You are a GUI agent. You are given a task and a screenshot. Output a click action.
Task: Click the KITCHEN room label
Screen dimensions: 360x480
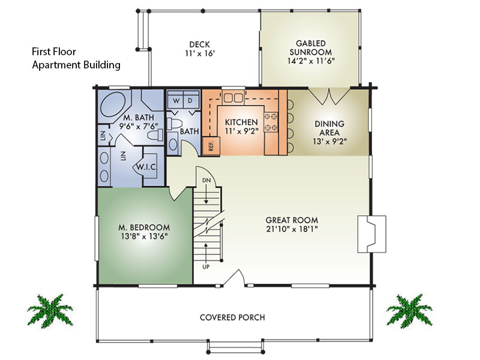(241, 122)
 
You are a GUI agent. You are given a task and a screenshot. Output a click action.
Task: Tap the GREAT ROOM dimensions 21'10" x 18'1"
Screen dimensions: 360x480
(292, 229)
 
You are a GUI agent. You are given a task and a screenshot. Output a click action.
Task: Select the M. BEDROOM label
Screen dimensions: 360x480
(143, 227)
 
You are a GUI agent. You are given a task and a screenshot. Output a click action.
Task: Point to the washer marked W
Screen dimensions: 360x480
(175, 101)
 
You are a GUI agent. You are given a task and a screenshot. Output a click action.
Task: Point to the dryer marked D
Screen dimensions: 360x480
(190, 101)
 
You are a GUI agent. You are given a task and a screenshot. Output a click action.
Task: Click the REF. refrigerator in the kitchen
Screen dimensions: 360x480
(211, 145)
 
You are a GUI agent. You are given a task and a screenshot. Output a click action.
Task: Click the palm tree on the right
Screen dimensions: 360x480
(409, 310)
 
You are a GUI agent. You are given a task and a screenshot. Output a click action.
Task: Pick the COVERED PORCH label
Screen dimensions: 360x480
(232, 317)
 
